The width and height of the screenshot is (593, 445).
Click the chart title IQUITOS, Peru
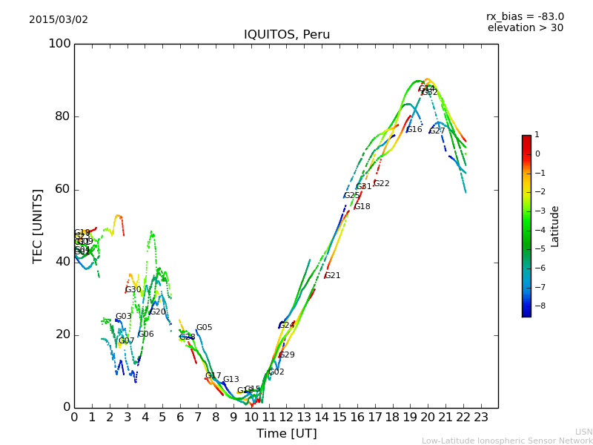coord(287,35)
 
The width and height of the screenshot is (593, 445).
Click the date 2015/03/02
coord(59,20)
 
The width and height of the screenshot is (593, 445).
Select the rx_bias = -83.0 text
coord(525,17)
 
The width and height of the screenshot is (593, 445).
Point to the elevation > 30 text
coord(525,28)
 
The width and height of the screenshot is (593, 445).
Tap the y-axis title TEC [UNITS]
coord(38,225)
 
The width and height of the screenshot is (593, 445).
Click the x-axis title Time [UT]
coord(287,434)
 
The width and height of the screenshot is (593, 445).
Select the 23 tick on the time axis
coord(480,417)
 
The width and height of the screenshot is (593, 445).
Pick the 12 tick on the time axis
coord(286,417)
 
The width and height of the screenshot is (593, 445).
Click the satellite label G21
coord(333,276)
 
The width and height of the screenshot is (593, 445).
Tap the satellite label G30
coord(133,290)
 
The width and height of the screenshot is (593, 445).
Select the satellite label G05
coord(205,328)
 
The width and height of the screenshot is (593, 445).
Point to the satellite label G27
coord(437,131)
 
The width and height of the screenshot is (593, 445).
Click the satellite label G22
coord(382,184)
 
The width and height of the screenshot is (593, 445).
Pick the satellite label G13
coord(231,380)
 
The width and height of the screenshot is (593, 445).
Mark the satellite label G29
coord(287,355)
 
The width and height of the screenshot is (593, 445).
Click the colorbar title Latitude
coord(554,226)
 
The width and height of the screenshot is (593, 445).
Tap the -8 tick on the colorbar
coord(537,305)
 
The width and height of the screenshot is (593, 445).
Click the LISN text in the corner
coord(583,432)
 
